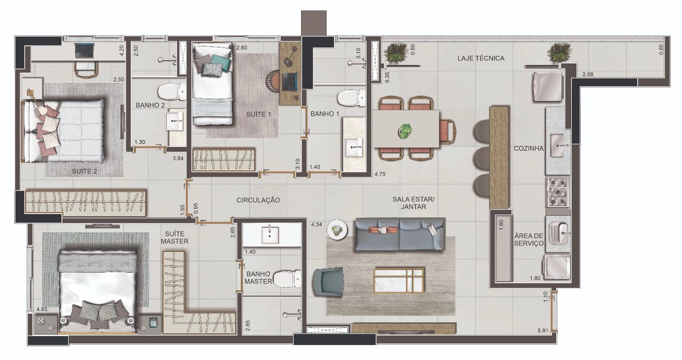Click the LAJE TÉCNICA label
pyautogui.click(x=481, y=58)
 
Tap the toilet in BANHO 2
pyautogui.click(x=172, y=91)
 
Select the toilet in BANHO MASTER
pyautogui.click(x=287, y=279)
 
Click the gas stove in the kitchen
pyautogui.click(x=558, y=192)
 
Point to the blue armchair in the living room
pyautogui.click(x=328, y=282)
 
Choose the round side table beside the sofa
pyautogui.click(x=337, y=229)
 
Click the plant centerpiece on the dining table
pyautogui.click(x=405, y=131)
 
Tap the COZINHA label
pyautogui.click(x=528, y=149)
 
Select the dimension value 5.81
pyautogui.click(x=543, y=330)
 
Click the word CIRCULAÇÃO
pyautogui.click(x=258, y=200)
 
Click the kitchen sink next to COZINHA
pyautogui.click(x=559, y=146)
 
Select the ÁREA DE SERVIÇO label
pyautogui.click(x=529, y=240)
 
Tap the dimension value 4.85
pyautogui.click(x=42, y=309)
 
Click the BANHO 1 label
pyautogui.click(x=324, y=114)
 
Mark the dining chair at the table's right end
pyautogui.click(x=448, y=131)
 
